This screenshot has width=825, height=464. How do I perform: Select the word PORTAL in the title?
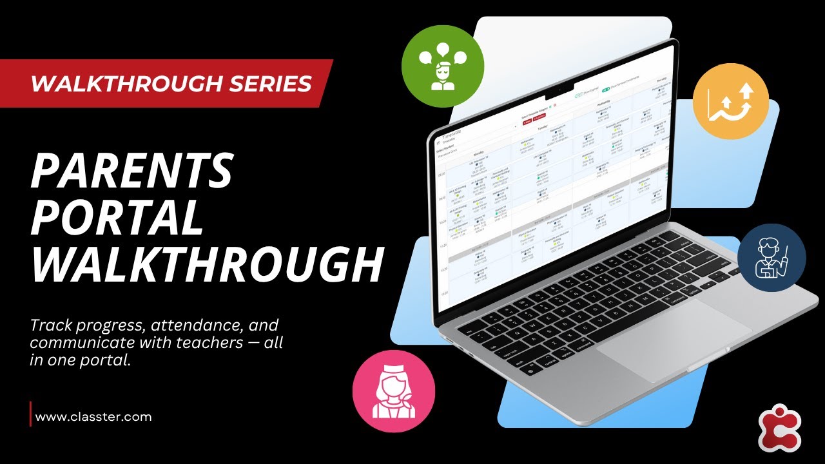pyautogui.click(x=117, y=218)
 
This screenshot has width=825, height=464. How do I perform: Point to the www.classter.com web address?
pyautogui.click(x=93, y=416)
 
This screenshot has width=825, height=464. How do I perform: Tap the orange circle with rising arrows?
pyautogui.click(x=731, y=101)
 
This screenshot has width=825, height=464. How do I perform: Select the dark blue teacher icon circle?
pyautogui.click(x=772, y=258)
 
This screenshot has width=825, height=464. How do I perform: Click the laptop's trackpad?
pyautogui.click(x=674, y=331)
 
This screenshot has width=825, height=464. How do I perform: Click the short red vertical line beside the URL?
pyautogui.click(x=30, y=414)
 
